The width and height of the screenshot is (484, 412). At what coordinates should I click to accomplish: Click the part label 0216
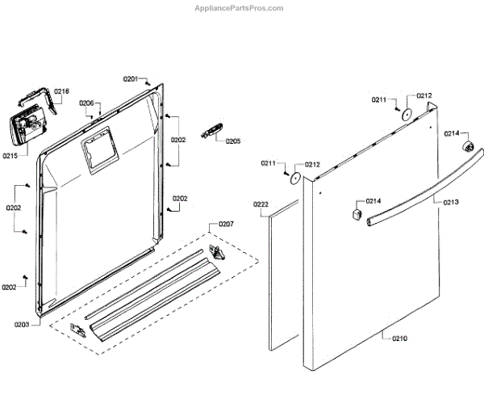click(62, 91)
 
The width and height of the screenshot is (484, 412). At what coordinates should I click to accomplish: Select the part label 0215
click(11, 154)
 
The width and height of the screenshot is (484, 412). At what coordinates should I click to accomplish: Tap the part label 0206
click(87, 103)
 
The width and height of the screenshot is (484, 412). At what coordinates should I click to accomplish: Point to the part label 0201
click(130, 78)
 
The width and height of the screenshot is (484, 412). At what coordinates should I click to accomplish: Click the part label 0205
click(233, 141)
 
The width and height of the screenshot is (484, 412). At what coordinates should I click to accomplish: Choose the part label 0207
click(227, 223)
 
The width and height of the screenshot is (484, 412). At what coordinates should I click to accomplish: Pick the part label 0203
click(22, 325)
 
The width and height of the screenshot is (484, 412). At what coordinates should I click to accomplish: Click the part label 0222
click(261, 204)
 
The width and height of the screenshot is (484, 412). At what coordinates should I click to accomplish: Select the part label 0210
click(399, 338)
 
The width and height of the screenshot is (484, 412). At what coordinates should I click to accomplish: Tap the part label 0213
click(451, 202)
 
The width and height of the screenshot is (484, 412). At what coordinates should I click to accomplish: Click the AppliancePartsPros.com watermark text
click(240, 8)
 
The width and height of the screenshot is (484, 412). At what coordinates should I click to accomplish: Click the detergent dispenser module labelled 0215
click(27, 127)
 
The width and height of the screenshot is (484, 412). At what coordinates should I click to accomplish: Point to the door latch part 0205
click(213, 130)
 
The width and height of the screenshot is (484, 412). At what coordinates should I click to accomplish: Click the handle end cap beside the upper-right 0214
click(466, 145)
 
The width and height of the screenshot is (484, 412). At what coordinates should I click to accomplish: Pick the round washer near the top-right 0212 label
click(407, 113)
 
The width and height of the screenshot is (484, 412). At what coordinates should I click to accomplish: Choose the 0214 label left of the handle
click(373, 200)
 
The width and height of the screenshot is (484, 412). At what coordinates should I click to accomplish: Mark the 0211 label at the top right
click(379, 99)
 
